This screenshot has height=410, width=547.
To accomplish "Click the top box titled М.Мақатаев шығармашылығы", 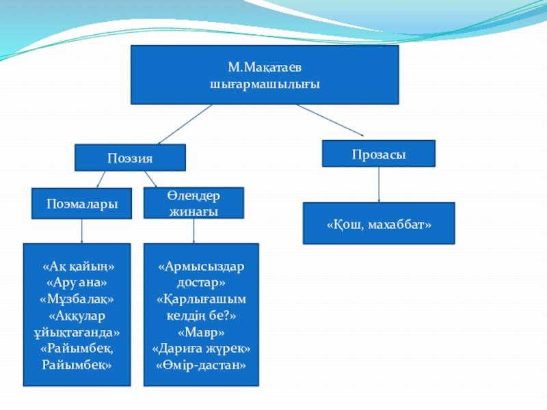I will [265, 75].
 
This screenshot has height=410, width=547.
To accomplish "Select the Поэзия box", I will [130, 158].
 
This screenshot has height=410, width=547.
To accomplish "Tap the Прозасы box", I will [379, 154].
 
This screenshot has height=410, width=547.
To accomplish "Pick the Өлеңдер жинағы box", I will [194, 203].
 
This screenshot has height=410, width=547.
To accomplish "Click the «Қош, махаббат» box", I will [379, 223].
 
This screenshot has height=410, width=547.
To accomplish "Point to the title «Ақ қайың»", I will [77, 265].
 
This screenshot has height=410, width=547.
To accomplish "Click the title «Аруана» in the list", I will [77, 282].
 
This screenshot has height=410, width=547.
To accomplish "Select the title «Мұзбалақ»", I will [77, 299].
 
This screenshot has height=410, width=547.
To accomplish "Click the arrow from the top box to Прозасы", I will [330, 120].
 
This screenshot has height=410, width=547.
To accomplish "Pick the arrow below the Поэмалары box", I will [82, 231].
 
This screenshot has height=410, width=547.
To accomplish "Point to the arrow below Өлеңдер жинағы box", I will [195, 231].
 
